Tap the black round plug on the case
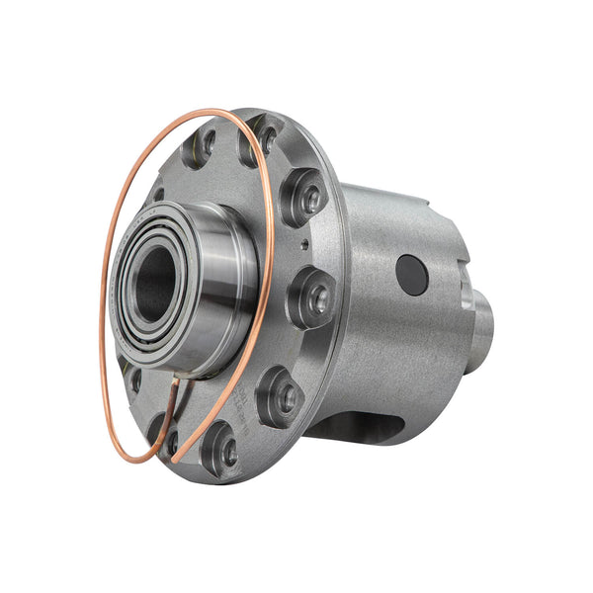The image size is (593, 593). (412, 274)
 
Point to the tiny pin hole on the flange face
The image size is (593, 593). (304, 245)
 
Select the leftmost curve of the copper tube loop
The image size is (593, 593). (102, 296)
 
